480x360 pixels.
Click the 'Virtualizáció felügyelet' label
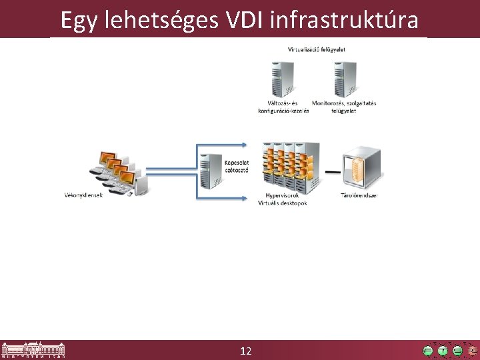(x=316, y=49)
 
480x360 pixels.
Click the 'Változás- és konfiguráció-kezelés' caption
(x=283, y=107)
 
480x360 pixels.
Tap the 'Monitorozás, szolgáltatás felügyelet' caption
(x=344, y=107)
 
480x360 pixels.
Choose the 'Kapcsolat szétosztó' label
(x=237, y=166)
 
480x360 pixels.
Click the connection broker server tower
(x=211, y=170)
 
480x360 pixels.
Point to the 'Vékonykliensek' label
(x=83, y=195)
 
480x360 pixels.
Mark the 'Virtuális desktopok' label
(x=283, y=203)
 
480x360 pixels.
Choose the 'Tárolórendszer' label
(x=359, y=195)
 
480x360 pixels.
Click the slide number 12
(x=245, y=351)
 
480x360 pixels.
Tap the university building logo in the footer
(x=33, y=350)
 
